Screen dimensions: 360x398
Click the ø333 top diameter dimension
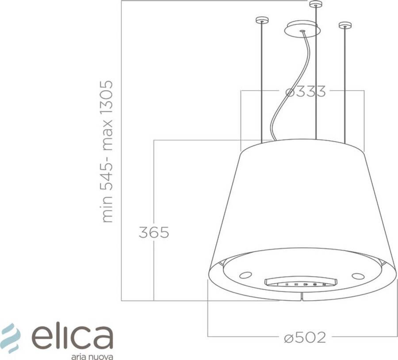306,92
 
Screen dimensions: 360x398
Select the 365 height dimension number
154,232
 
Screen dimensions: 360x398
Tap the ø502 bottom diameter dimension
305,337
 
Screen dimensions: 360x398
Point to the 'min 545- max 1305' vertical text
107,151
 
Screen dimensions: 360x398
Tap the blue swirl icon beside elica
11,338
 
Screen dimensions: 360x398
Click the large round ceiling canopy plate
303,29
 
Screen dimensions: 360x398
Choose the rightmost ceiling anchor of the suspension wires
345,25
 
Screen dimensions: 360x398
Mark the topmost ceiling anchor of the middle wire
316,4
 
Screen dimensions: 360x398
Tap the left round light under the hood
245,276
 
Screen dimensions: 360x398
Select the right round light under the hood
358,276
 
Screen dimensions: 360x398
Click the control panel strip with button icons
300,283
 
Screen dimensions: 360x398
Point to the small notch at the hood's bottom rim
302,297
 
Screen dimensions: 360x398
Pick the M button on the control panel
324,284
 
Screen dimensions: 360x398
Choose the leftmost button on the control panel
277,284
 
